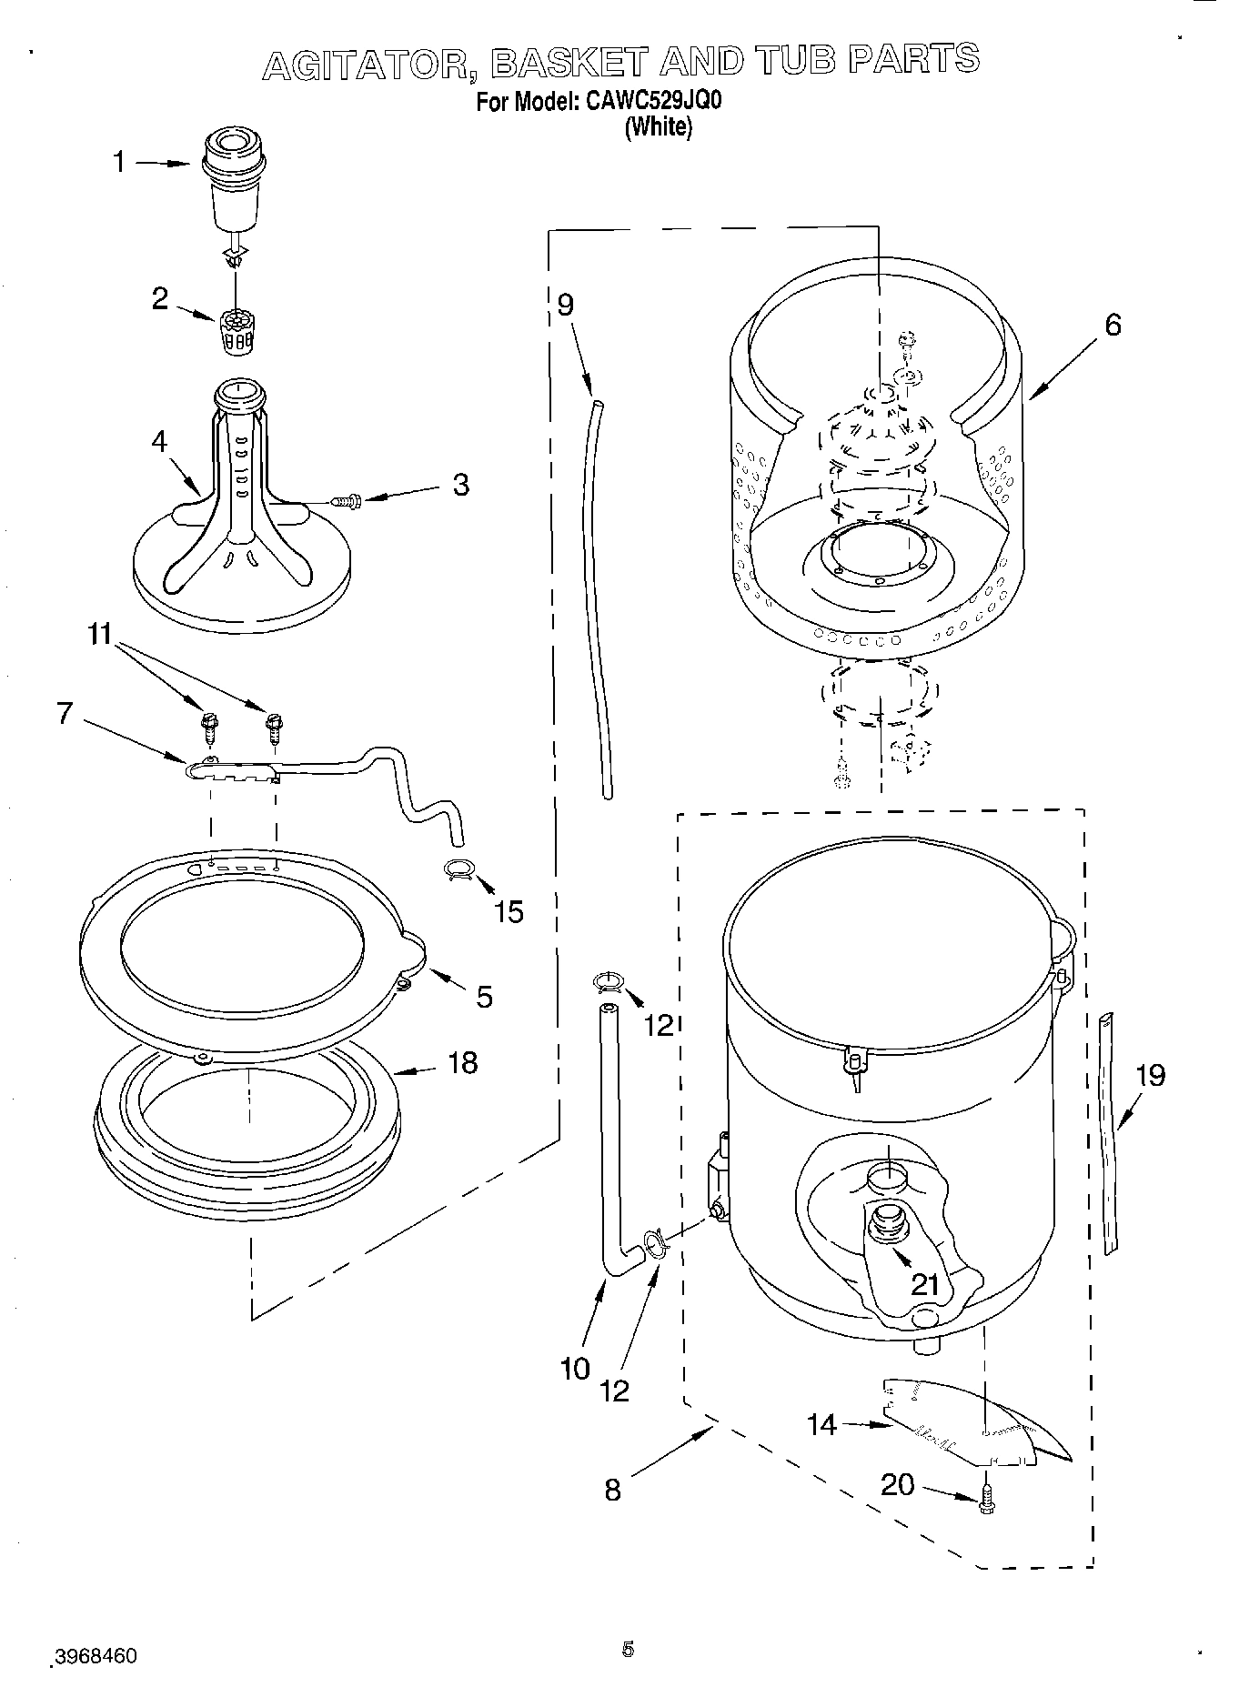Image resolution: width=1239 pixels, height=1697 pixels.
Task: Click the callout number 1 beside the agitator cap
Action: click(118, 162)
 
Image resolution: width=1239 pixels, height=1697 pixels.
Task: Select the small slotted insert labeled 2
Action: click(236, 332)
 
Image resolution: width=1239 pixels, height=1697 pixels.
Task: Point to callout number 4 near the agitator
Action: click(160, 442)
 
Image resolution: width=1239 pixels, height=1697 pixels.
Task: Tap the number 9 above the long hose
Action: click(566, 304)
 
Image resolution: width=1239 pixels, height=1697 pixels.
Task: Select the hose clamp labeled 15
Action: click(460, 869)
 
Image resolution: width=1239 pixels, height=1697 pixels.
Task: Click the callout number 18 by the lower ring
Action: click(463, 1061)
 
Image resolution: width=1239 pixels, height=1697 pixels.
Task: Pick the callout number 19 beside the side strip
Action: click(1151, 1075)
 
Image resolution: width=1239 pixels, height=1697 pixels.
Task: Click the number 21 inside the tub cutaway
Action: click(924, 1284)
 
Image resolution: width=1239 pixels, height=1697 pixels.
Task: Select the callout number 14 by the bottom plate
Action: click(821, 1423)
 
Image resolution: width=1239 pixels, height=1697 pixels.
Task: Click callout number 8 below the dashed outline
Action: click(612, 1489)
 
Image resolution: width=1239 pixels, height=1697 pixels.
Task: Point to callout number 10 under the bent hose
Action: click(575, 1368)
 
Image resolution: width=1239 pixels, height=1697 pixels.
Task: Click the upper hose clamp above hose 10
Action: click(607, 980)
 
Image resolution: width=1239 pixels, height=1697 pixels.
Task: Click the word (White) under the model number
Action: click(658, 127)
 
